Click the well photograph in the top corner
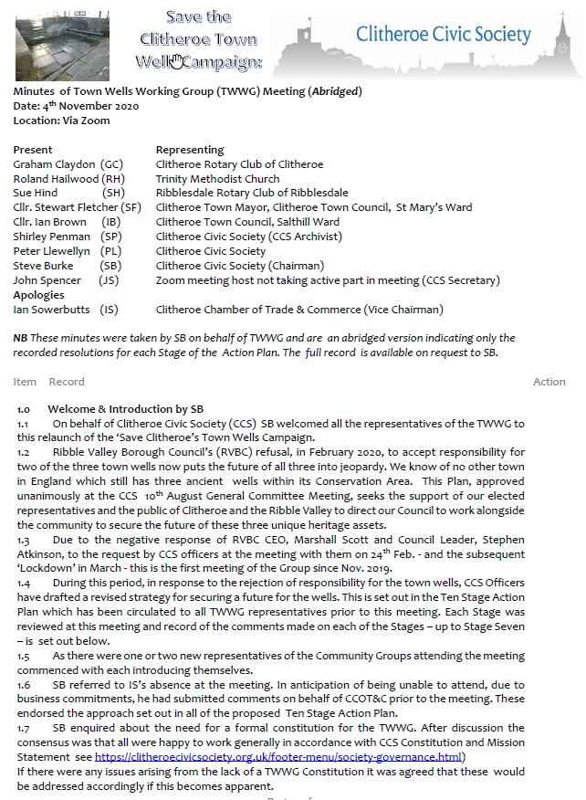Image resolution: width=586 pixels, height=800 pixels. coord(63,41)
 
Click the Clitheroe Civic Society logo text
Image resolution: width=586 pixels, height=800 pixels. coord(443,36)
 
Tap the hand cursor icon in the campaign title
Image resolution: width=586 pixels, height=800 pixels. coord(176,60)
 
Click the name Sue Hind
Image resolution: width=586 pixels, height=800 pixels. coord(35,194)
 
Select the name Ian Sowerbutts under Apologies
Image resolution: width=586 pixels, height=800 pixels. coord(50,310)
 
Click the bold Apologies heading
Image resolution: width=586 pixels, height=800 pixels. coord(38,295)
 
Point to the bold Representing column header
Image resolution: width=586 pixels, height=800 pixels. coord(189,150)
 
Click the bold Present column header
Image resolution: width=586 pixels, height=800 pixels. coord(33,150)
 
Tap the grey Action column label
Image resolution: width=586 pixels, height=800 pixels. coord(549,382)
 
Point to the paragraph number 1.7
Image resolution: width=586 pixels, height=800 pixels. coord(25,728)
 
